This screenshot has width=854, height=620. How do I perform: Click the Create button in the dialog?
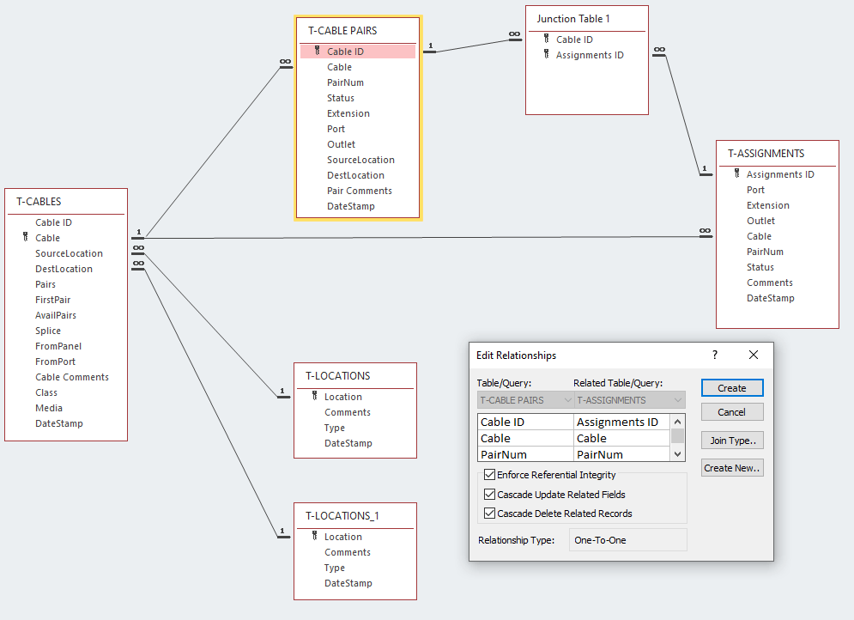731,388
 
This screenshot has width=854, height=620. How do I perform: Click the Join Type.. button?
731,441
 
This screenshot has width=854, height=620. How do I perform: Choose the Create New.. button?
731,468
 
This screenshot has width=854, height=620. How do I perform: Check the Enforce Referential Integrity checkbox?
490,475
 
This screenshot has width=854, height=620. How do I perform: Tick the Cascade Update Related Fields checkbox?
490,495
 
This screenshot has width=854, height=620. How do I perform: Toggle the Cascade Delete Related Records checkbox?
490,514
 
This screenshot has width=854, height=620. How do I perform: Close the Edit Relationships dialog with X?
754,355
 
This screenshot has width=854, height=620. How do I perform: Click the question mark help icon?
715,355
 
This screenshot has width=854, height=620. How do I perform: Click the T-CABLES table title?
39,202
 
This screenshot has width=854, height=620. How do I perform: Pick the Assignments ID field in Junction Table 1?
590,55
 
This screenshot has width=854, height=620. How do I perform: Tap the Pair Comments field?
359,191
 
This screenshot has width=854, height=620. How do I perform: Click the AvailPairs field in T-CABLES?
56,315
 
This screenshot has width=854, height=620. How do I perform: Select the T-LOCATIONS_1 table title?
342,516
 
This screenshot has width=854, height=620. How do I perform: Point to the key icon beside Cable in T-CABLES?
26,238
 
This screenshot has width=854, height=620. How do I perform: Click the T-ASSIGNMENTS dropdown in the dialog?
629,400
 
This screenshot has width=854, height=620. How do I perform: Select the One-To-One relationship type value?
600,540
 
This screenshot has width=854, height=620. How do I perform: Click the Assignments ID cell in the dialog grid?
617,422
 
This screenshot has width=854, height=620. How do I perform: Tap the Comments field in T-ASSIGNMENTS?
769,283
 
